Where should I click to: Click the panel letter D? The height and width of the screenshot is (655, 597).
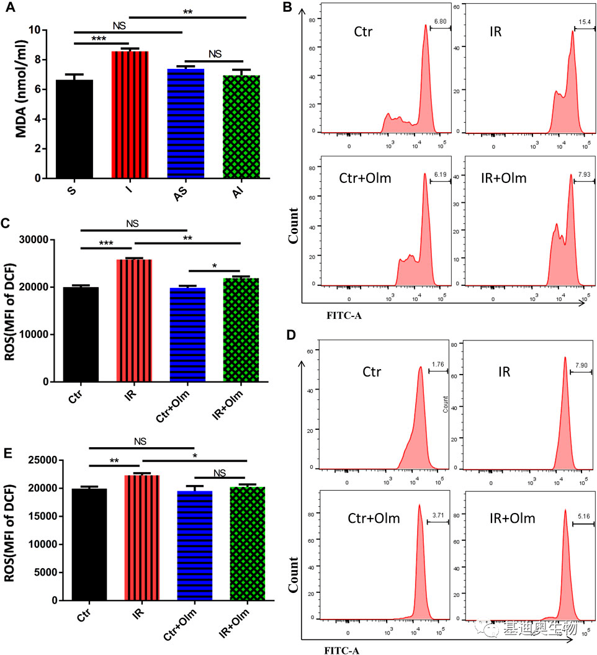click(x=305, y=336)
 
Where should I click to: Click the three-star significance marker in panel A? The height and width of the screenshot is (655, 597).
click(x=101, y=38)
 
